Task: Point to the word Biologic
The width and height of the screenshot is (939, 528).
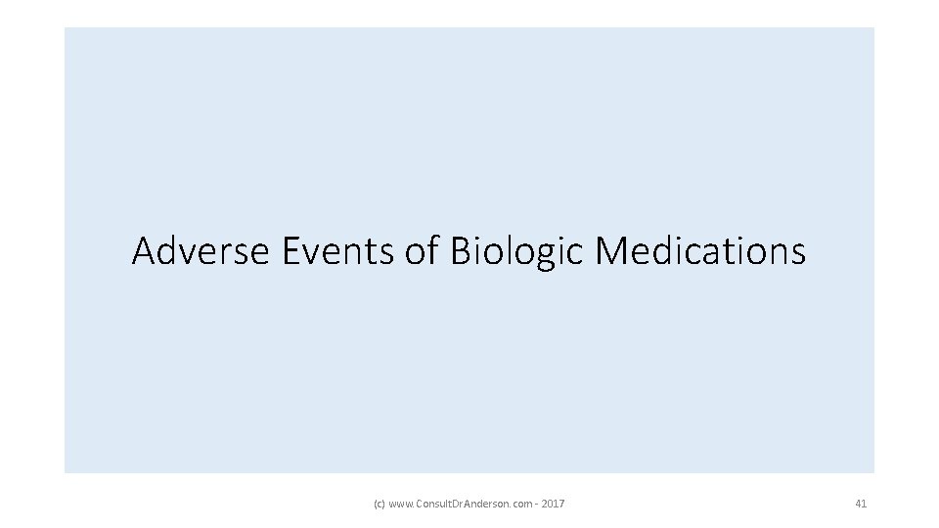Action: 517,253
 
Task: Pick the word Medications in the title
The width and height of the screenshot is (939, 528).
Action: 700,251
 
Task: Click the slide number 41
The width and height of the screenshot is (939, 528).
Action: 861,504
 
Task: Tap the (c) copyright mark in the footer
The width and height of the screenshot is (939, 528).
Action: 380,504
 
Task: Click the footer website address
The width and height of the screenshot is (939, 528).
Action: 459,504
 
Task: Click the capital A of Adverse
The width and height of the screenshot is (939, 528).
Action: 144,251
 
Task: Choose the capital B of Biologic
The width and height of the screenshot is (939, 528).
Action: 461,251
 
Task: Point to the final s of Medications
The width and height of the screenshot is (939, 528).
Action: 798,253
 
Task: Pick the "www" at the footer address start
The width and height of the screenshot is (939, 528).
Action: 400,504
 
